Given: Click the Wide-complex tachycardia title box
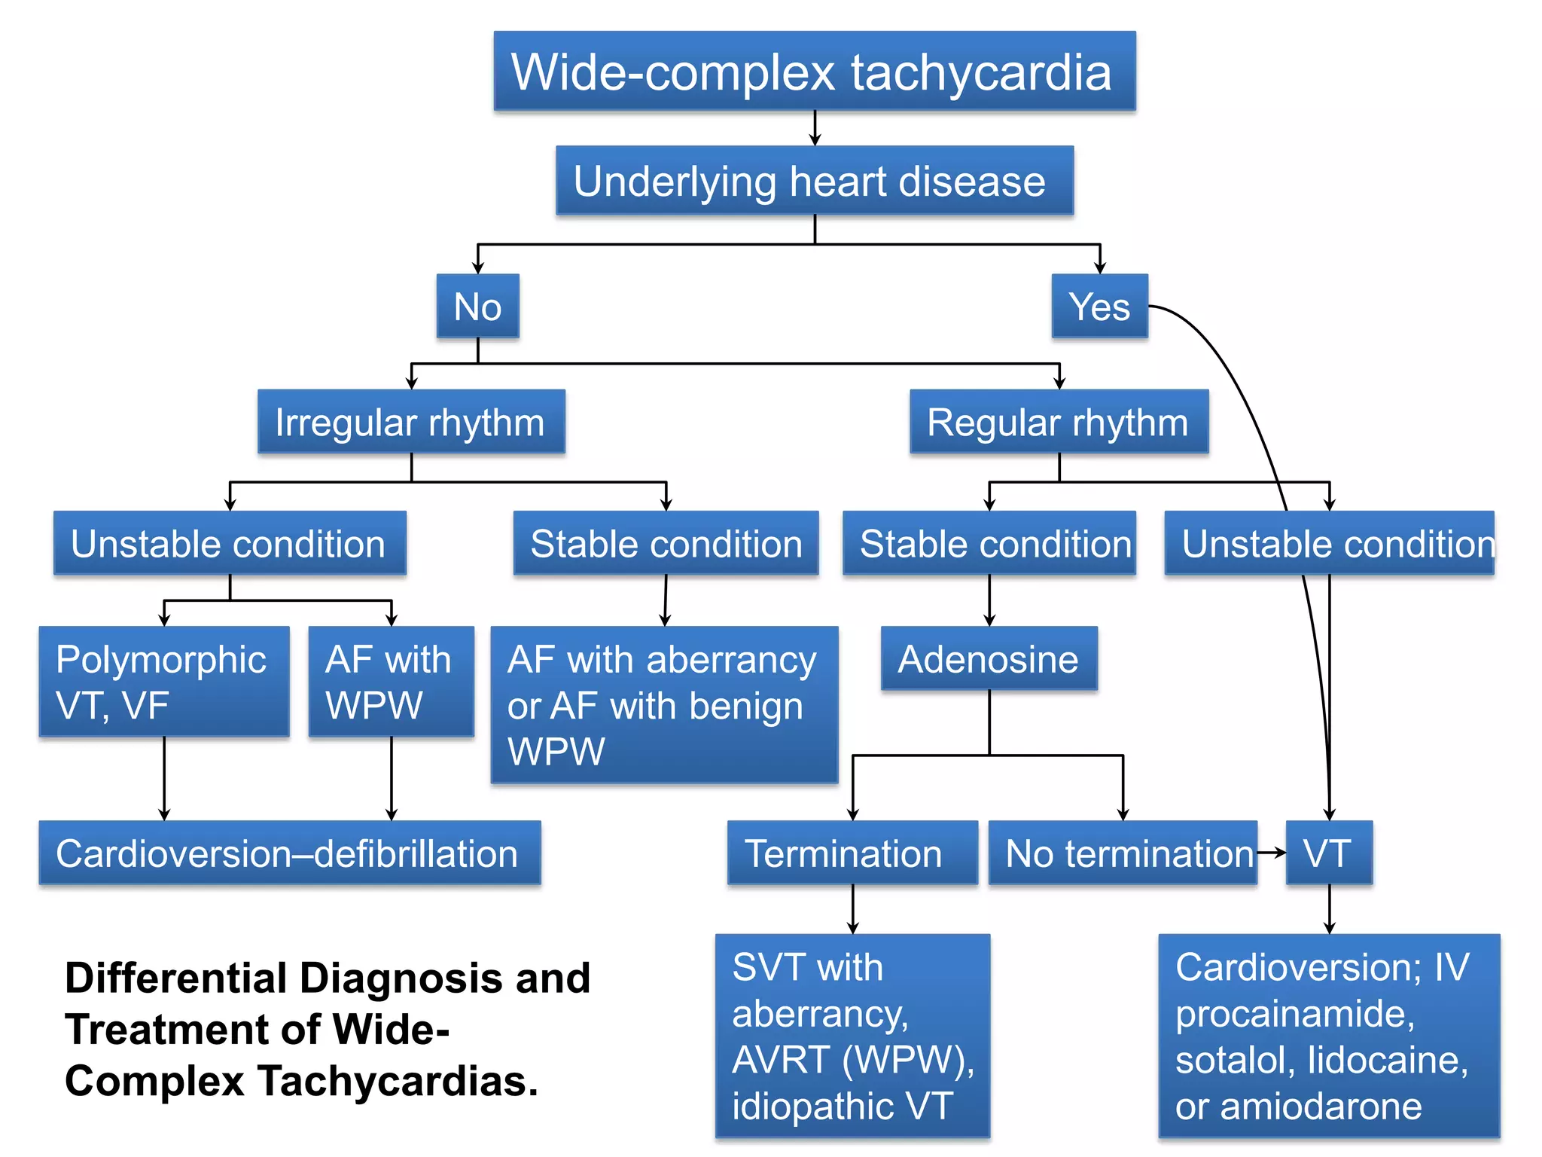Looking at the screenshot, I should [814, 72].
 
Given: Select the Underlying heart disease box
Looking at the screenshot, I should [814, 181].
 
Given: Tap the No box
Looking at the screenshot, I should [477, 306].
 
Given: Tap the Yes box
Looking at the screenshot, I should [1099, 306].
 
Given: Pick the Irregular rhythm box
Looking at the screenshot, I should [410, 422].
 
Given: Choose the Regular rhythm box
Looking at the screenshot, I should [1058, 422].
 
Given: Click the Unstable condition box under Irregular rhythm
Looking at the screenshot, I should [229, 543].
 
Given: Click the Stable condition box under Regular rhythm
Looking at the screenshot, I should [989, 543].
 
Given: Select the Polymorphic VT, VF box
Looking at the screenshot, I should [163, 682].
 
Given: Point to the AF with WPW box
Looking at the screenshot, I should [391, 682].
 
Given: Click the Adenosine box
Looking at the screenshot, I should [989, 659].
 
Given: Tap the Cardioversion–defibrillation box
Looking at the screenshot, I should [289, 853].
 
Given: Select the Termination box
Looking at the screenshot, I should [852, 853].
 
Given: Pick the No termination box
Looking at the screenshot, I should [1122, 853].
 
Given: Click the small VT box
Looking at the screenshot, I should [1328, 853].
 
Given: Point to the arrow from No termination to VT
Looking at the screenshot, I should [1272, 853].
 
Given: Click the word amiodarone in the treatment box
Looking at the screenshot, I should [1321, 1107].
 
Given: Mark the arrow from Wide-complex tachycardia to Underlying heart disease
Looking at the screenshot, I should [815, 128].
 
